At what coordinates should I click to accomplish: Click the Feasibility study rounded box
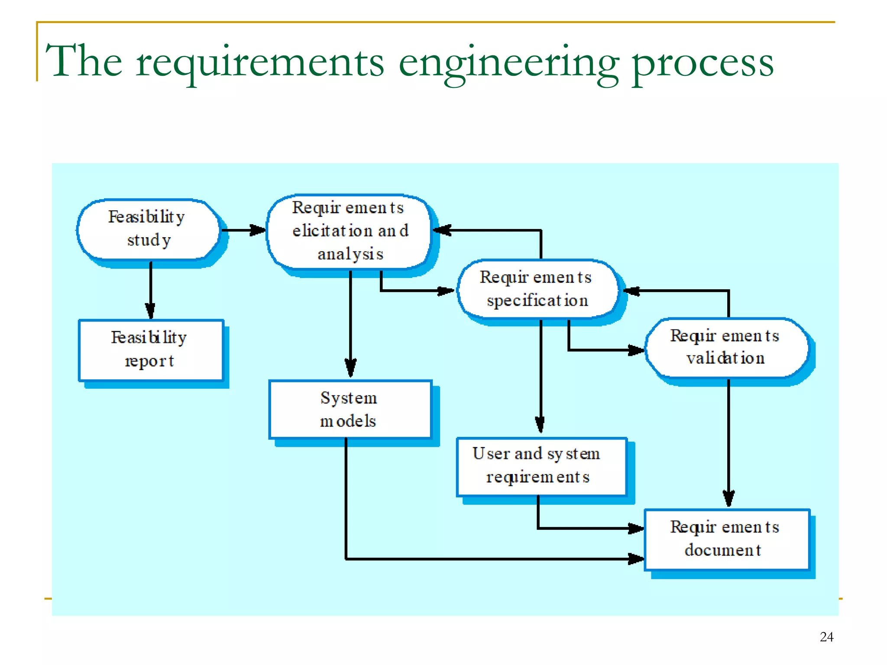click(148, 229)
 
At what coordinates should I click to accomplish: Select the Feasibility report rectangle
click(150, 350)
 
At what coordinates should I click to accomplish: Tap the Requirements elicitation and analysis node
click(349, 231)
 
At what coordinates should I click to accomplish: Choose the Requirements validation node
click(726, 347)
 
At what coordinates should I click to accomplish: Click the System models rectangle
click(350, 409)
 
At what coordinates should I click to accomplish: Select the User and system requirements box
click(541, 466)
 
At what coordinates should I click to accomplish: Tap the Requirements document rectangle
click(726, 539)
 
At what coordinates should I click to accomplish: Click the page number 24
click(826, 636)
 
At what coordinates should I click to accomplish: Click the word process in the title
click(702, 63)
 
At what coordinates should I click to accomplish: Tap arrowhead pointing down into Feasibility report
click(150, 311)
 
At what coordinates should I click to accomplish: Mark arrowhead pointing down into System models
click(350, 368)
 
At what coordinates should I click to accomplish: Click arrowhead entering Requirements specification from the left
click(446, 291)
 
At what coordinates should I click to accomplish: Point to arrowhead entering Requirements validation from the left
click(636, 350)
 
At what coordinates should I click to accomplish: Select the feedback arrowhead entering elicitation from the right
click(442, 230)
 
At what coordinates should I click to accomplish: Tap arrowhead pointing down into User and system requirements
click(540, 424)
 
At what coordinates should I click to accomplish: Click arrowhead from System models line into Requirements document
click(636, 558)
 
